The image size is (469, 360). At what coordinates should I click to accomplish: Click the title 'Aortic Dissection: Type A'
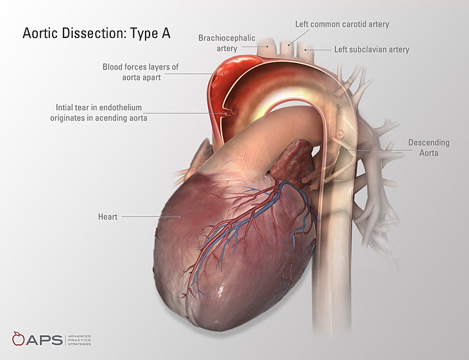click(x=96, y=33)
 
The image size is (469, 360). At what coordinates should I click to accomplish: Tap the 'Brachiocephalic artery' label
click(x=226, y=43)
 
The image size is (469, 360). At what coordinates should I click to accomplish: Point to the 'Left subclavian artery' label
click(x=371, y=49)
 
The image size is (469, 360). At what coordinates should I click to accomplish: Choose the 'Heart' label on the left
click(x=108, y=216)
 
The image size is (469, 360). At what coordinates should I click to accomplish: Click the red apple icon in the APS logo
click(x=19, y=340)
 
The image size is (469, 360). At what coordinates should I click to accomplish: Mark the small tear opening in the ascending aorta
click(x=228, y=113)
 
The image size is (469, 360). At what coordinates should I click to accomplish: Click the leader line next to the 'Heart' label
click(x=141, y=216)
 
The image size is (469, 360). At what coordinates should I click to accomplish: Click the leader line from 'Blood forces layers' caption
click(x=194, y=73)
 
